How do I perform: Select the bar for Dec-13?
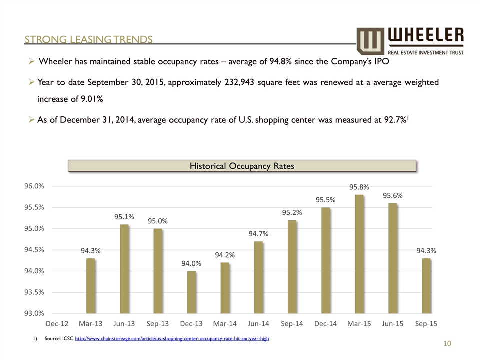click(191, 292)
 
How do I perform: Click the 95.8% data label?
click(359, 187)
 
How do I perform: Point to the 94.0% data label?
click(191, 264)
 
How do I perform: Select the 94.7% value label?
click(259, 234)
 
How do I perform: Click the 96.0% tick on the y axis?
click(34, 186)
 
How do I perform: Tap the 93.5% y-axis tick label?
click(34, 292)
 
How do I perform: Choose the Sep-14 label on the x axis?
click(292, 324)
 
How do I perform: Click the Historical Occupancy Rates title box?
click(242, 166)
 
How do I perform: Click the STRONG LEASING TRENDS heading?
click(89, 39)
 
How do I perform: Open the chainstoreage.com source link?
click(172, 339)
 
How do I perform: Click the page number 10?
click(447, 344)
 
